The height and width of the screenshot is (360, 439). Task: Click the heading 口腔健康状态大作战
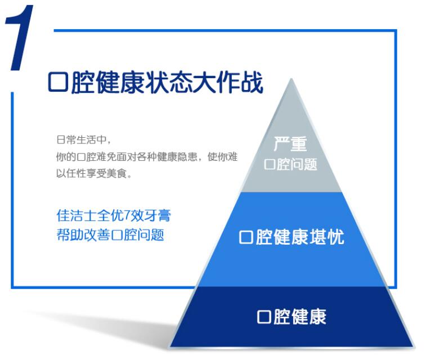tap(156, 83)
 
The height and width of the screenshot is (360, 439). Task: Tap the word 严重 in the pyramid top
tap(290, 144)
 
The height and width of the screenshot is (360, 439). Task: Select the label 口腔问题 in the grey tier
tap(290, 164)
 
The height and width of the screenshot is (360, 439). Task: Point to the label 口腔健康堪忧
tap(292, 237)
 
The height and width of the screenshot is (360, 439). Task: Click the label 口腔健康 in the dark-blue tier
tap(292, 316)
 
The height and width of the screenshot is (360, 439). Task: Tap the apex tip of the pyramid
tap(292, 79)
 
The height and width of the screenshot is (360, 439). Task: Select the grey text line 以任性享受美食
tap(94, 173)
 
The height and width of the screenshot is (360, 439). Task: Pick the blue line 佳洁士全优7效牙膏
tap(113, 215)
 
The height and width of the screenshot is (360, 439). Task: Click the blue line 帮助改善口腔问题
tap(110, 235)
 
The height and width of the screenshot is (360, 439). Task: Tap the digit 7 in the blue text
tap(126, 215)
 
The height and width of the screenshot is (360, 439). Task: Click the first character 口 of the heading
tap(58, 83)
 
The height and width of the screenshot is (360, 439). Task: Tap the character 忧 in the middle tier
tap(336, 237)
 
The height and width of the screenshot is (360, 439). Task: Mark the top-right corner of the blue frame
tap(396, 30)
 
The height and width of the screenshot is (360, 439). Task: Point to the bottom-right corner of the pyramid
tap(413, 346)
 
